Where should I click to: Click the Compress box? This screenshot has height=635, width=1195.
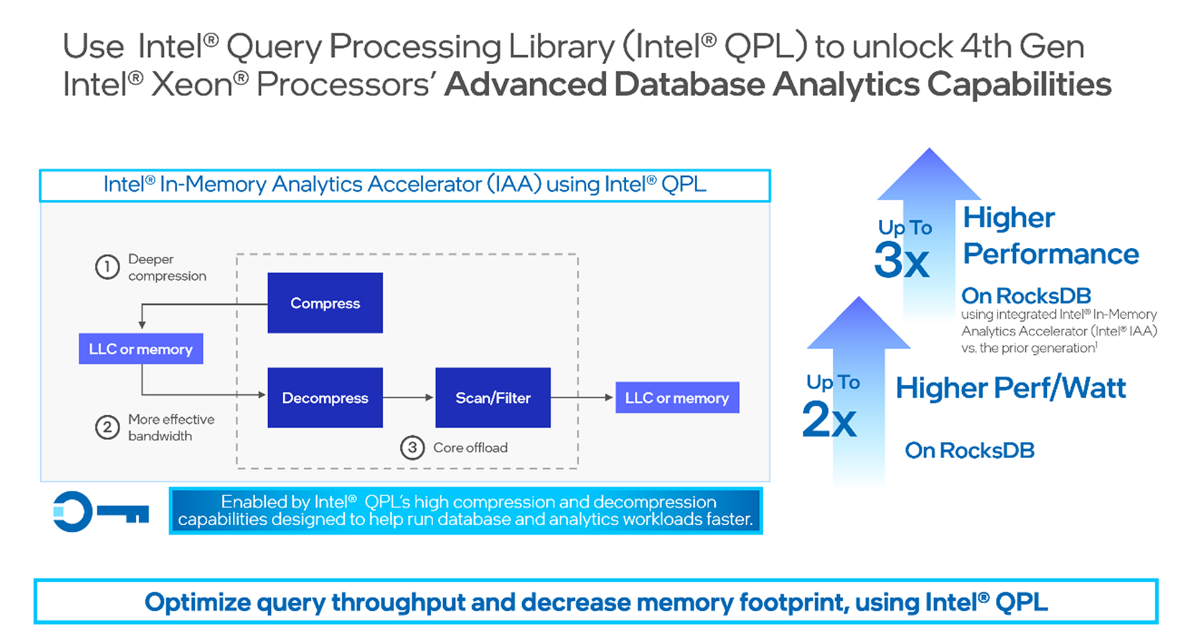pyautogui.click(x=325, y=303)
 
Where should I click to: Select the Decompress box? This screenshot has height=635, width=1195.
pyautogui.click(x=325, y=398)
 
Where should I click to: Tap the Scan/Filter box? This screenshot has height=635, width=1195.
pyautogui.click(x=493, y=398)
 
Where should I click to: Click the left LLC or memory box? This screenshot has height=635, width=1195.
pyautogui.click(x=141, y=349)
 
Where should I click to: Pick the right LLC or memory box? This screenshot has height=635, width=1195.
pyautogui.click(x=677, y=398)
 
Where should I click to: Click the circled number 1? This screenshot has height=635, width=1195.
pyautogui.click(x=107, y=267)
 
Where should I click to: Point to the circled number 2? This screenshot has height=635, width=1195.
pyautogui.click(x=107, y=428)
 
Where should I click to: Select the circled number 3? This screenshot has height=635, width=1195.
pyautogui.click(x=412, y=448)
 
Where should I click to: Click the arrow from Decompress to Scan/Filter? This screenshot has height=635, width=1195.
pyautogui.click(x=409, y=397)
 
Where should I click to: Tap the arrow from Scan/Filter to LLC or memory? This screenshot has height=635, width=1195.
pyautogui.click(x=583, y=397)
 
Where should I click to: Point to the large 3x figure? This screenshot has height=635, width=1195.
pyautogui.click(x=902, y=260)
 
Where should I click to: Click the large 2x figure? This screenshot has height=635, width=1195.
pyautogui.click(x=830, y=419)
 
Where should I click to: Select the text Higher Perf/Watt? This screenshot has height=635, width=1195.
pyautogui.click(x=1011, y=388)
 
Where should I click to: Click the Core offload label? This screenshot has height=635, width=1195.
pyautogui.click(x=470, y=448)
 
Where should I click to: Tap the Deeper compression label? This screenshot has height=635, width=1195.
pyautogui.click(x=166, y=268)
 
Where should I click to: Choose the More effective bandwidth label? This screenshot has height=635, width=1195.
pyautogui.click(x=171, y=428)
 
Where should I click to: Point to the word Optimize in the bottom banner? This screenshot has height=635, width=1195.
pyautogui.click(x=197, y=602)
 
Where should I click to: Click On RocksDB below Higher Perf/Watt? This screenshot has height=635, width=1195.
pyautogui.click(x=969, y=450)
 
